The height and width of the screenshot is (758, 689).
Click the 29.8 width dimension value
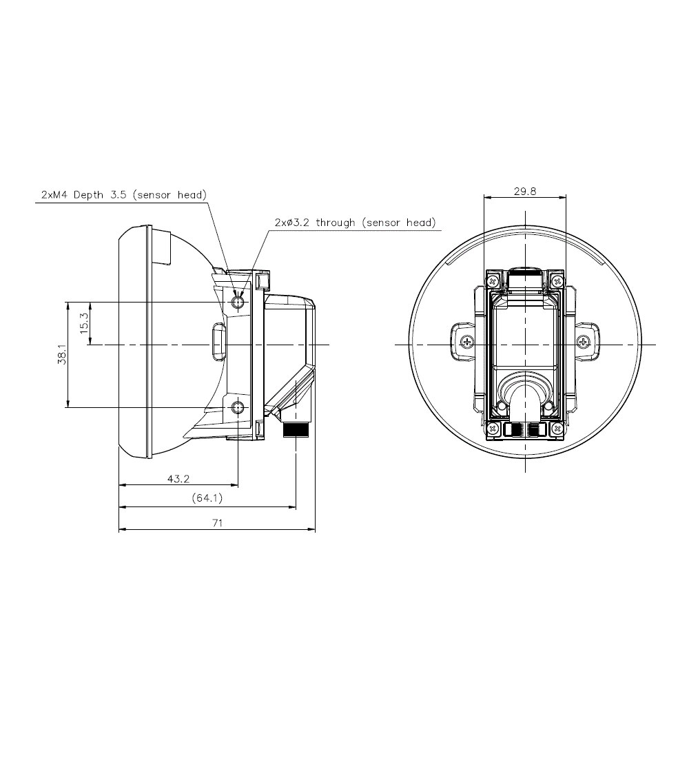coord(524,192)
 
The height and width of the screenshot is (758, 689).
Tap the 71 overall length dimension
coord(218,522)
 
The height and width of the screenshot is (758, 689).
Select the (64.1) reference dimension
coord(207,498)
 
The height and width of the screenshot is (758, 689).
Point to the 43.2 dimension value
coord(178,479)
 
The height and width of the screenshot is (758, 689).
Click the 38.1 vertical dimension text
coord(62,354)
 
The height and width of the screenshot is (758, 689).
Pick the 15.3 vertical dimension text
coord(83,323)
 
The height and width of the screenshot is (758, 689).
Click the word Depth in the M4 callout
coord(88,195)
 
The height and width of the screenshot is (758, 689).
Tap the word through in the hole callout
coord(336,223)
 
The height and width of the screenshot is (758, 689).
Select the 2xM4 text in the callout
coord(54,195)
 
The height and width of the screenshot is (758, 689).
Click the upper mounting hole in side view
coord(238,303)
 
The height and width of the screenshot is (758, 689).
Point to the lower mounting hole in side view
coord(238,407)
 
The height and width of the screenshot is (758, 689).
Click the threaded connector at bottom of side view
coord(295,429)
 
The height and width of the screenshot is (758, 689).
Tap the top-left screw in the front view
coord(493,281)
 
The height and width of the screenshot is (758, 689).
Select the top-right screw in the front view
coord(557,281)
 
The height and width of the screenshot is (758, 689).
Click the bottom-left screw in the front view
coord(493,429)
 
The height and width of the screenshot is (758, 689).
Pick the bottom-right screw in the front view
coord(557,429)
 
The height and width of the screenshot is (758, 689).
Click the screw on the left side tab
coord(466,342)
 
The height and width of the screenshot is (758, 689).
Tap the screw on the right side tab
coord(584,342)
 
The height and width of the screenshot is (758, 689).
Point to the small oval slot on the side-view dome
coord(218,342)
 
